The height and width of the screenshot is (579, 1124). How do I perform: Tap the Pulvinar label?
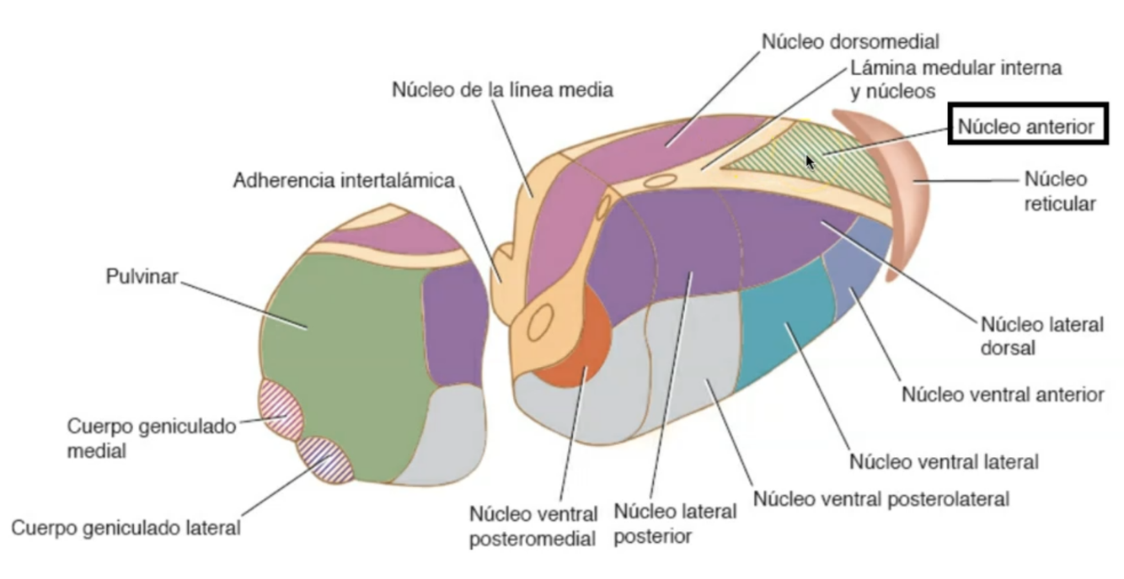point(142,277)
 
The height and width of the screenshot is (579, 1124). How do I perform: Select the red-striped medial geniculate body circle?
point(281,407)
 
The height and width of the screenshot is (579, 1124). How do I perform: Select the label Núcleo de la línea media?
point(502,88)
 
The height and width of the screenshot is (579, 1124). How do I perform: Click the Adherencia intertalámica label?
point(346,180)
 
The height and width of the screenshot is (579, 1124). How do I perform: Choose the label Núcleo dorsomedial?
point(849,40)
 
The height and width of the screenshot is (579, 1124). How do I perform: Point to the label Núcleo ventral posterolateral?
point(880,498)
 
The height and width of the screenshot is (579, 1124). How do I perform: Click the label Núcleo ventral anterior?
point(1002,394)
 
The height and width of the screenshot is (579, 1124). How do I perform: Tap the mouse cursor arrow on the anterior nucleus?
point(810,162)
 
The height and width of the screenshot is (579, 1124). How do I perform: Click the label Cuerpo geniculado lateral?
point(126,529)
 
